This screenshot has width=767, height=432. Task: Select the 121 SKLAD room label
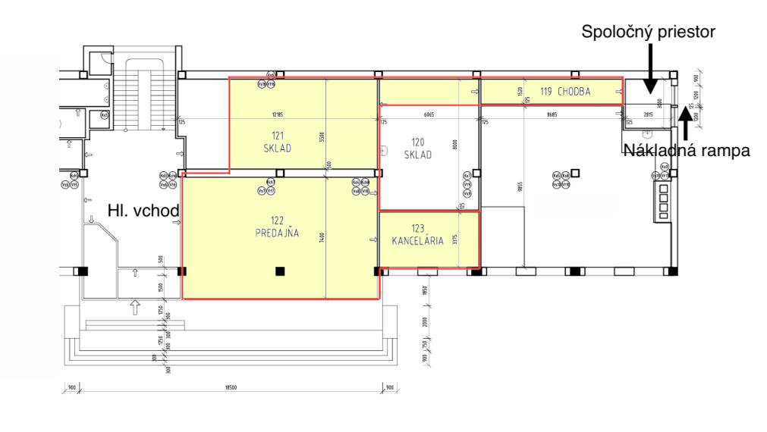pos(272,142)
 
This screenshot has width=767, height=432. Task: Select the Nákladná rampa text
pos(686,150)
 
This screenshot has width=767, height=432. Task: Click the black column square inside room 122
pos(280,271)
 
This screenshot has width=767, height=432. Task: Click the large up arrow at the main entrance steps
pos(135,307)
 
